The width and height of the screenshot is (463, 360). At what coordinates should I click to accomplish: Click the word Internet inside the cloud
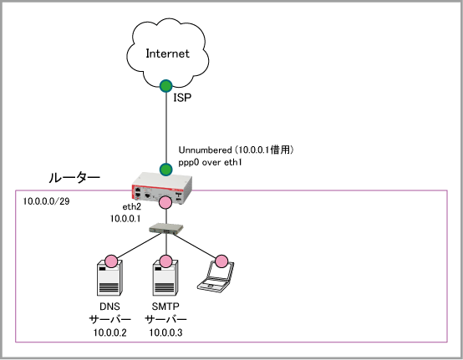pyautogui.click(x=167, y=53)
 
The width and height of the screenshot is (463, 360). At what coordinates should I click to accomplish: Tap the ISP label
pyautogui.click(x=182, y=98)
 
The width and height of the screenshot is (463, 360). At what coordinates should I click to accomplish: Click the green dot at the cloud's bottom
pyautogui.click(x=166, y=86)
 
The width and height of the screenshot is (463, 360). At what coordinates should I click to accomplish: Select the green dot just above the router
pyautogui.click(x=166, y=170)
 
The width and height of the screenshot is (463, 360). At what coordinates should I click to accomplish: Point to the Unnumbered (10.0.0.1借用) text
pyautogui.click(x=236, y=150)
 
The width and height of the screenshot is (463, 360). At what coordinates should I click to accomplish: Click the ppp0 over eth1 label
pyautogui.click(x=210, y=162)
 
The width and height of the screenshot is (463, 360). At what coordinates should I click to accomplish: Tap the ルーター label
pyautogui.click(x=74, y=178)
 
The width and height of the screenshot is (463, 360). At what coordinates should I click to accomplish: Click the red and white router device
pyautogui.click(x=162, y=187)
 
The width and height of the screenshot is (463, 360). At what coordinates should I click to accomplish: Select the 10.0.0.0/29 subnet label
pyautogui.click(x=46, y=201)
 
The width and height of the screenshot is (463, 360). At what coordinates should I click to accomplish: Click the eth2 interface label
pyautogui.click(x=132, y=207)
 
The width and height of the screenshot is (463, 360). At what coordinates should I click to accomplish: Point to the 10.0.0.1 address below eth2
pyautogui.click(x=125, y=219)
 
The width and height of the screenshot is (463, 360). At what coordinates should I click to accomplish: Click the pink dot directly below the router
pyautogui.click(x=165, y=203)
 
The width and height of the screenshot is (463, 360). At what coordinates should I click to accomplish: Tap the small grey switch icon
pyautogui.click(x=166, y=229)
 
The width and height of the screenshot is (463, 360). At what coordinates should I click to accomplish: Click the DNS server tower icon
pyautogui.click(x=109, y=277)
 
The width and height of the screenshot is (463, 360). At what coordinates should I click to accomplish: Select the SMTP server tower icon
pyautogui.click(x=165, y=277)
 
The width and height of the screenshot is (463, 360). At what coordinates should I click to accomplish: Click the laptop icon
pyautogui.click(x=216, y=276)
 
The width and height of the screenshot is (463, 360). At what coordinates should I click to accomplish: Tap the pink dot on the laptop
pyautogui.click(x=221, y=261)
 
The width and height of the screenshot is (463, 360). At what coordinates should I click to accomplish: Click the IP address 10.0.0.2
pyautogui.click(x=109, y=332)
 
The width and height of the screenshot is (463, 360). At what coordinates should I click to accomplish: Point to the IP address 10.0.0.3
pyautogui.click(x=165, y=332)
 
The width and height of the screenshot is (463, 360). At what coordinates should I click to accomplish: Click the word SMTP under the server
pyautogui.click(x=165, y=307)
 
